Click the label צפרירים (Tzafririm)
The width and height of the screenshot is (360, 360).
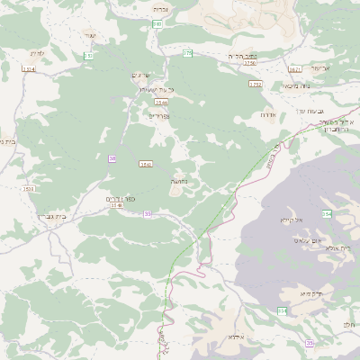click(x=157, y=116)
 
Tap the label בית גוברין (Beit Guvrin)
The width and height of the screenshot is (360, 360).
click(x=55, y=217)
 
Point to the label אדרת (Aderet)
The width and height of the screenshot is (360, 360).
click(x=267, y=114)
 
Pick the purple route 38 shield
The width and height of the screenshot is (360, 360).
click(x=112, y=158)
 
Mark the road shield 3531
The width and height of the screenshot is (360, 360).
click(x=29, y=189)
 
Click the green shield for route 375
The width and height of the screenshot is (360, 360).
click(x=187, y=54)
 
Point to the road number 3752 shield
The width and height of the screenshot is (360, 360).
click(x=255, y=84)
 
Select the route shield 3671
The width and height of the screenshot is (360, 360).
click(x=295, y=67)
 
